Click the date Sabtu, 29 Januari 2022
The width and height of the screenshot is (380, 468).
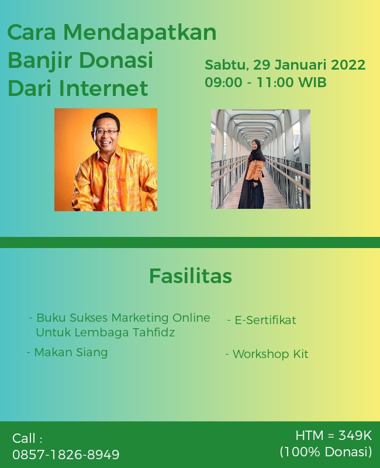(x=285, y=65)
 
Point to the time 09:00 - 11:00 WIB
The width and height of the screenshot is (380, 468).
(x=265, y=82)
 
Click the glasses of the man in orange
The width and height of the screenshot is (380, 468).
(x=106, y=132)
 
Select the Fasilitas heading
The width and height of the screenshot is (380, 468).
(x=190, y=276)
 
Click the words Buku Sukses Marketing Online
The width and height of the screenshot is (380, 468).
(x=123, y=318)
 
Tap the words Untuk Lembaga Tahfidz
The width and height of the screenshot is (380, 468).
(x=105, y=332)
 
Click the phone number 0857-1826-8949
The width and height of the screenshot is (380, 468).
(x=66, y=455)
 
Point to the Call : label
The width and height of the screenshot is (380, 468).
(x=27, y=438)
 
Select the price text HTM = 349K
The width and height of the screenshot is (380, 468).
(x=333, y=435)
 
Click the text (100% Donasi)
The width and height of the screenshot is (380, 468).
(x=326, y=452)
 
